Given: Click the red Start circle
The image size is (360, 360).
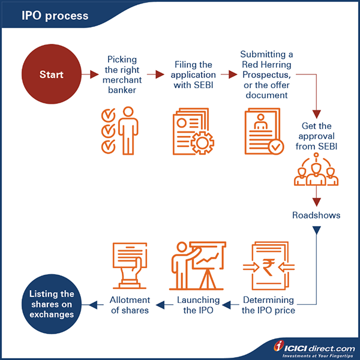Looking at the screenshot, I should tap(51, 75).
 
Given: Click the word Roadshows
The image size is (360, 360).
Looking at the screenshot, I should tap(317, 214).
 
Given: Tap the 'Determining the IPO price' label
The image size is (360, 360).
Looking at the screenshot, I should tap(268, 305).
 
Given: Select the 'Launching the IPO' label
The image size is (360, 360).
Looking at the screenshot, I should tap(197, 305).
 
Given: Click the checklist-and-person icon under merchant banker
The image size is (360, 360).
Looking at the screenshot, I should tap(120, 130).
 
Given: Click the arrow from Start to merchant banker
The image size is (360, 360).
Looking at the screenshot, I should tap(91, 75).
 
